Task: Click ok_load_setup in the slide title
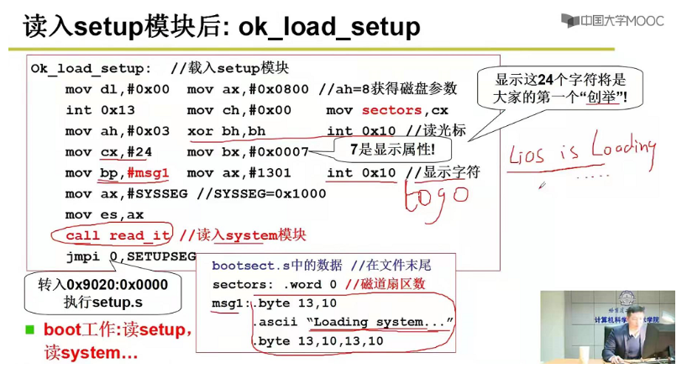pos(328,27)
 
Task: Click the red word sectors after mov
pos(392,110)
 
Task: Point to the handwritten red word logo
pos(436,198)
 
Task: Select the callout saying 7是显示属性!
pos(392,150)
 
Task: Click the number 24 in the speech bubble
pos(545,81)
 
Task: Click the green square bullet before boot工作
pos(30,329)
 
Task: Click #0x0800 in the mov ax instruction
pos(278,89)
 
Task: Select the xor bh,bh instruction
pos(226,131)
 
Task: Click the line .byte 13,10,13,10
pos(318,341)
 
